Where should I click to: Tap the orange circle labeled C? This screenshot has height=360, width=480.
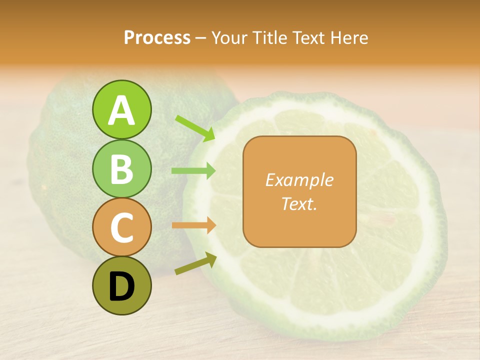tap(121, 227)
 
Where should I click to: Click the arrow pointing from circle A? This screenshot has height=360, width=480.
tap(195, 128)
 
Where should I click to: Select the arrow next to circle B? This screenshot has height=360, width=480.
tap(193, 171)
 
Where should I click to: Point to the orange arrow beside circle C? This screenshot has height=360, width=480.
tap(193, 225)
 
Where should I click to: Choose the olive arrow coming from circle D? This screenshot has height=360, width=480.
tap(195, 263)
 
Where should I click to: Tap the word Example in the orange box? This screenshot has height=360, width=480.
tap(299, 180)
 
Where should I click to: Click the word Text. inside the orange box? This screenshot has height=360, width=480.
tap(299, 203)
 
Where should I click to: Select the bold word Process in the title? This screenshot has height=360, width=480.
tap(157, 37)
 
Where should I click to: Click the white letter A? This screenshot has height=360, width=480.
tap(121, 110)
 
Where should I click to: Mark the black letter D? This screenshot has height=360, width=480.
tap(121, 286)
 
